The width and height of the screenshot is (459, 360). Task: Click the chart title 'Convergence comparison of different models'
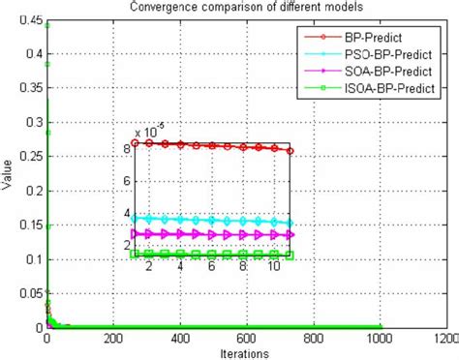pyautogui.click(x=229, y=9)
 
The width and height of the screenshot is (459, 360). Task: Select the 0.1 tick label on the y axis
pyautogui.click(x=30, y=259)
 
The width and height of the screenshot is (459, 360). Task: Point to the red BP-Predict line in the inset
pyautogui.click(x=213, y=145)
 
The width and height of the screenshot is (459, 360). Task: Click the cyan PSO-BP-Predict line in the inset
pyautogui.click(x=213, y=221)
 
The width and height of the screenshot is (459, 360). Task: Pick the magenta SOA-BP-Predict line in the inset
pyautogui.click(x=213, y=234)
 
